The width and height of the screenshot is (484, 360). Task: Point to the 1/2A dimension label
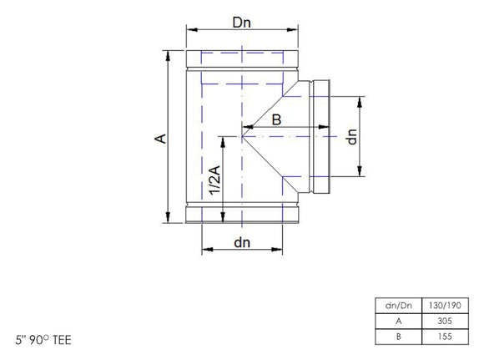pos(216,180)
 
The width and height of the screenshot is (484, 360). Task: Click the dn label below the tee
pos(242,243)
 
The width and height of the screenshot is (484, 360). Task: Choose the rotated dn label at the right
pos(353,137)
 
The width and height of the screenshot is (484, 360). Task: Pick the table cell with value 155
pos(443,337)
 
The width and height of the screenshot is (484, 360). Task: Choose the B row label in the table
pos(400,337)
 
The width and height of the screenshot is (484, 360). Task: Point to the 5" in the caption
pos(19,341)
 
